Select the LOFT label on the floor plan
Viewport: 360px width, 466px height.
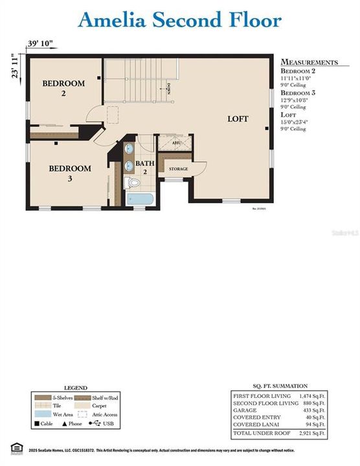pos(238,119)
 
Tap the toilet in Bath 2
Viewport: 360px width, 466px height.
pos(133,183)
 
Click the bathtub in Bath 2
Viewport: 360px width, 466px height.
pos(140,199)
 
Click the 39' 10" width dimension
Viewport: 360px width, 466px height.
pos(40,44)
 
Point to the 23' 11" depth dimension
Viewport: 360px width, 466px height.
pos(14,66)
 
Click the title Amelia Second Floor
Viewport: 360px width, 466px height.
pos(179,20)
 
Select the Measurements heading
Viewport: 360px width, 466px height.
pos(309,62)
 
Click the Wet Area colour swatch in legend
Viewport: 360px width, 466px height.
pos(41,413)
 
